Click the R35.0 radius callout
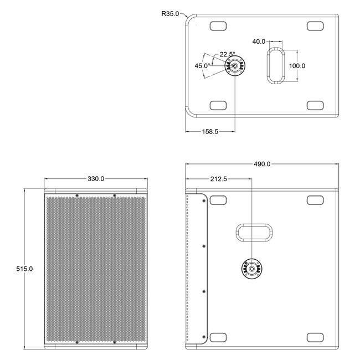(170, 14)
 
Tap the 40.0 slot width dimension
(259, 42)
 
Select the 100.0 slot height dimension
(297, 66)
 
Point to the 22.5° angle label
(227, 54)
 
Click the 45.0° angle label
(202, 66)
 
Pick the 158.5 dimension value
(210, 132)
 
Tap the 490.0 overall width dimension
(262, 164)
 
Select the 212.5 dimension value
(219, 179)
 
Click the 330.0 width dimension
(96, 179)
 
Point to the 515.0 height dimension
(24, 269)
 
